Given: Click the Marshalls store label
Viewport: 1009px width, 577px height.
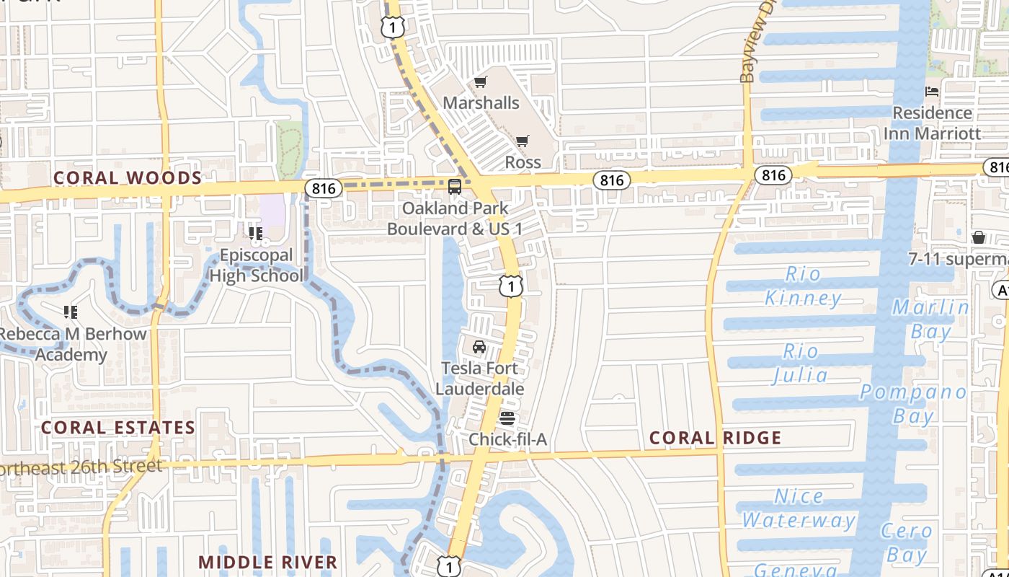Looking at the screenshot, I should [481, 102].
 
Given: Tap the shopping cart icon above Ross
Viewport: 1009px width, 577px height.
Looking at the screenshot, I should [522, 141].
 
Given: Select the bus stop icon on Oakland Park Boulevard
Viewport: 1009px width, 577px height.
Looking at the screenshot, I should [455, 187].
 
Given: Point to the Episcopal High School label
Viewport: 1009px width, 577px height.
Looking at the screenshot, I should [256, 265].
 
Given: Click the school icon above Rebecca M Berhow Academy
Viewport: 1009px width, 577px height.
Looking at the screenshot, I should [71, 312].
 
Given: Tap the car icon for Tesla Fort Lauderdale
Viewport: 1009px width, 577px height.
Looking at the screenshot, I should [479, 347].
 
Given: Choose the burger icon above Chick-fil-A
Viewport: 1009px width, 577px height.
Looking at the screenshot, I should [507, 418].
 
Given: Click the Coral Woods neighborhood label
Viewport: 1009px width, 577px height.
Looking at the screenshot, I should [128, 177].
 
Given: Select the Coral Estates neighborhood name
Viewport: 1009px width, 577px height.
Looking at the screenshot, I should [118, 427].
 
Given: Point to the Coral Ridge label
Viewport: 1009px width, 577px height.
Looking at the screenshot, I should [715, 438].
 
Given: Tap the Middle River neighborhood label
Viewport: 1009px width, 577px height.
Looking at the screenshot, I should [268, 562].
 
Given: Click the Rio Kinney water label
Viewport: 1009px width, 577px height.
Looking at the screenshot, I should [803, 286].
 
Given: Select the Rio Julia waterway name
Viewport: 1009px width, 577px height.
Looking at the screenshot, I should [801, 364].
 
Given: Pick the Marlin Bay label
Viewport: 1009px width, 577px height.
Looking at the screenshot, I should [930, 319].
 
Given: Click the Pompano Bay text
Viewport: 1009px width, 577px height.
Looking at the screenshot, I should [913, 403].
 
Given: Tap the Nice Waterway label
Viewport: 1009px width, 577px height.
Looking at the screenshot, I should [799, 508].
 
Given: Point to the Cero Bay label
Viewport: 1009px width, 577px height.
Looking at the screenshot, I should [907, 542].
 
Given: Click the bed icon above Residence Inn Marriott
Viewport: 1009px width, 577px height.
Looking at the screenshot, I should [932, 92].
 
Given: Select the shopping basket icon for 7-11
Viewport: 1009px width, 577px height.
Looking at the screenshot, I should [979, 237].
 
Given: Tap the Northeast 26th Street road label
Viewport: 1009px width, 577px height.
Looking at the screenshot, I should [81, 467].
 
